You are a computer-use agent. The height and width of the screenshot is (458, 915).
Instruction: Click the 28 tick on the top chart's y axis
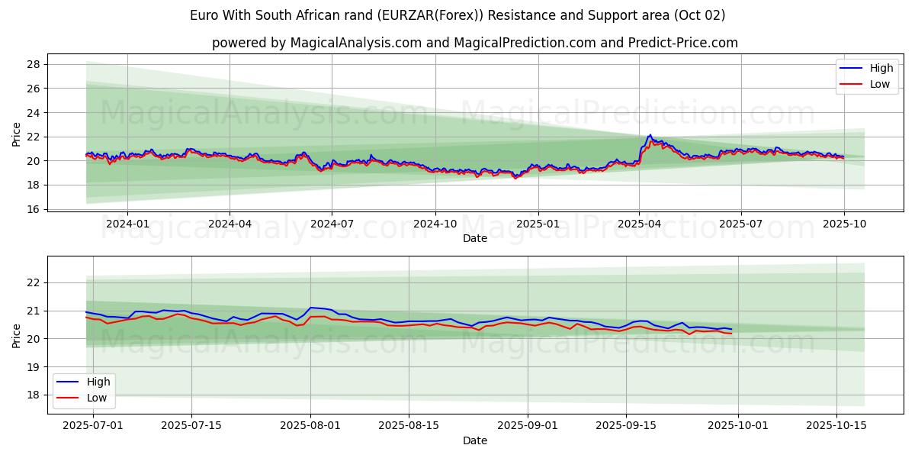[x=33, y=64]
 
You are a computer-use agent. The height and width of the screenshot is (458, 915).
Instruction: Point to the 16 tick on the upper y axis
[x=33, y=209]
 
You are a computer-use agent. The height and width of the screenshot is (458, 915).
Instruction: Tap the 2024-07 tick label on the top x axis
[x=332, y=224]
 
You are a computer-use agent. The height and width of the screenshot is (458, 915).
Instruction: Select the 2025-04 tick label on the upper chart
[x=639, y=224]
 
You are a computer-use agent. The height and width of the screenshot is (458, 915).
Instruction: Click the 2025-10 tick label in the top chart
[x=844, y=224]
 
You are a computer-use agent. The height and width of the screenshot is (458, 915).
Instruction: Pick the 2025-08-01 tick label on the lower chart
[x=310, y=424]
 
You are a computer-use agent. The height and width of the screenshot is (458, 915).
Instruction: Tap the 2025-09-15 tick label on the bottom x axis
[x=626, y=424]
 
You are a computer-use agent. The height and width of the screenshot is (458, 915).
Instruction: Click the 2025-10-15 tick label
[x=837, y=424]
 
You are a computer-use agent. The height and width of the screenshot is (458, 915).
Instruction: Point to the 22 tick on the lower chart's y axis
[x=33, y=282]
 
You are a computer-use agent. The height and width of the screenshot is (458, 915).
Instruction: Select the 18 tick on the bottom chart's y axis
[x=33, y=395]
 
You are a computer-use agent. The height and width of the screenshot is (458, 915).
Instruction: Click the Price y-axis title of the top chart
[x=17, y=134]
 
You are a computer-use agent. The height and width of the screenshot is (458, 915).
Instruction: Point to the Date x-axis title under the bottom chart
[x=474, y=440]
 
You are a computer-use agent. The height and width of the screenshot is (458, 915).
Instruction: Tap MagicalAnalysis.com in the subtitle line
[x=355, y=43]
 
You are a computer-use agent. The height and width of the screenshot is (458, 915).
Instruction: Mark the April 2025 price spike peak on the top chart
[x=650, y=135]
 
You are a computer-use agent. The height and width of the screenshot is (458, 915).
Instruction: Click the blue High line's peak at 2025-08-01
[x=310, y=308]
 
